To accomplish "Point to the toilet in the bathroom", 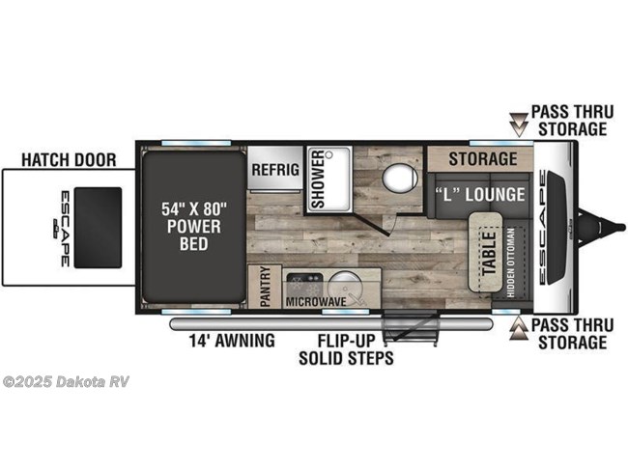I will (397, 180).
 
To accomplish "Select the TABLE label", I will (488, 252).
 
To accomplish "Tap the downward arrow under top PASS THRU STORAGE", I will (520, 121).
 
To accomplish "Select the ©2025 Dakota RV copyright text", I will (66, 381).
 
